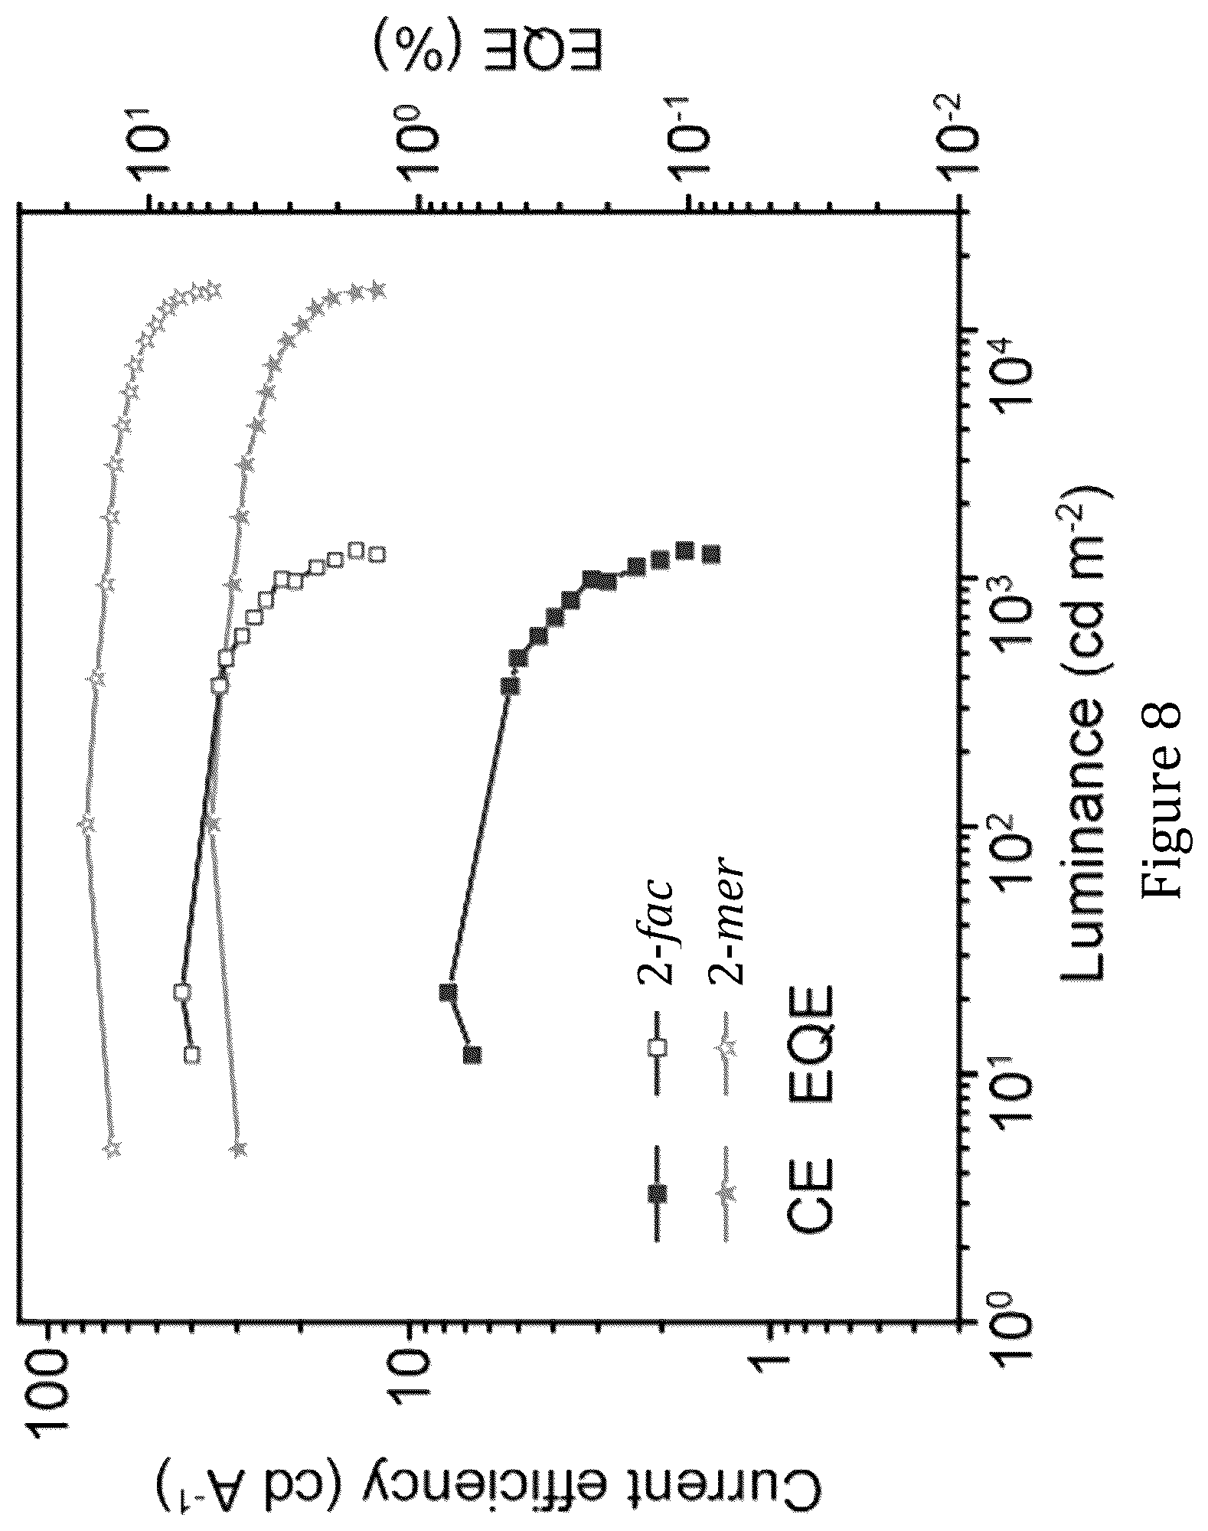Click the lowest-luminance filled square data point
472,1055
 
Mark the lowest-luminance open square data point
193,1055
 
